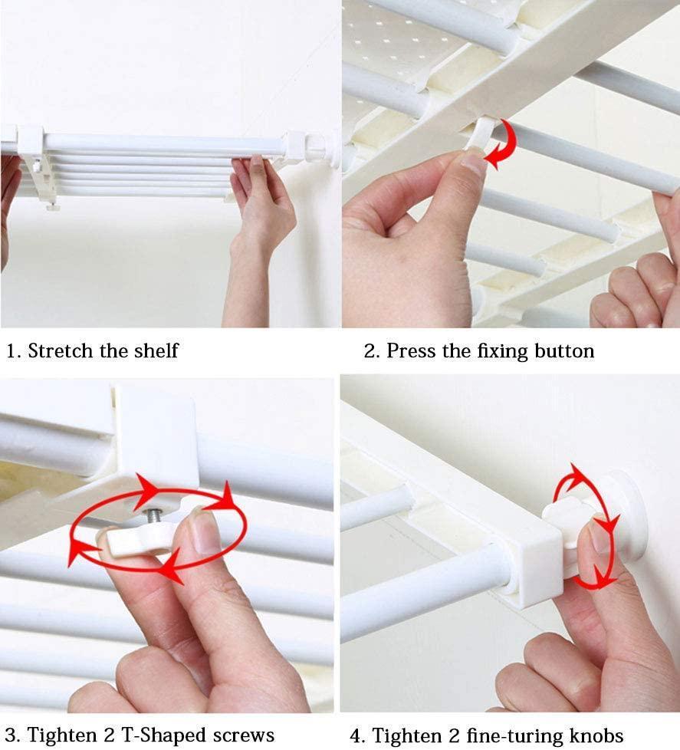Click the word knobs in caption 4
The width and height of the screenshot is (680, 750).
click(596, 735)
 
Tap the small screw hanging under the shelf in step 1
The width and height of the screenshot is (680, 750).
click(52, 206)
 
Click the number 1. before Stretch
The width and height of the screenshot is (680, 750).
click(13, 351)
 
